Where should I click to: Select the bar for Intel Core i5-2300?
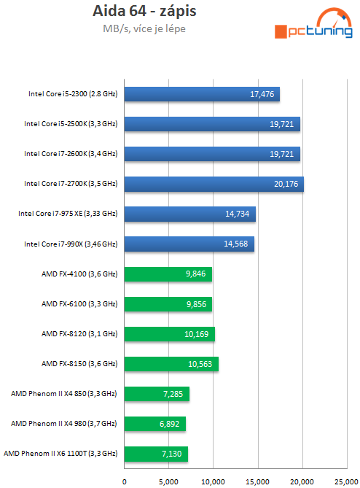pyautogui.click(x=202, y=94)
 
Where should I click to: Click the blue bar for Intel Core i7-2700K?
pyautogui.click(x=214, y=184)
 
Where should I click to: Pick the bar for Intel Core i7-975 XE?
pyautogui.click(x=189, y=214)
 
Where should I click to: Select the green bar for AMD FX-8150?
pyautogui.click(x=171, y=363)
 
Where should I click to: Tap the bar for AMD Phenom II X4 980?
pyautogui.click(x=154, y=423)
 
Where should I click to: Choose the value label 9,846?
pyautogui.click(x=197, y=274)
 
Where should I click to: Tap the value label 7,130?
pyautogui.click(x=173, y=454)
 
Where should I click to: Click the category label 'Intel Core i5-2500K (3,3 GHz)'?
pyautogui.click(x=71, y=124)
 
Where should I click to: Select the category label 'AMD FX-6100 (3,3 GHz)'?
pyautogui.click(x=79, y=303)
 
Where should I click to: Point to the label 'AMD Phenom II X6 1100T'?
pyautogui.click(x=60, y=454)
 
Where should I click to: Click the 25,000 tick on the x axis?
pyautogui.click(x=346, y=481)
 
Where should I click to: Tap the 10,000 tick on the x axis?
pyautogui.click(x=214, y=481)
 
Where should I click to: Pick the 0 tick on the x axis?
pyautogui.click(x=125, y=481)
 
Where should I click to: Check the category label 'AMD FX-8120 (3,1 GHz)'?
pyautogui.click(x=79, y=333)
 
